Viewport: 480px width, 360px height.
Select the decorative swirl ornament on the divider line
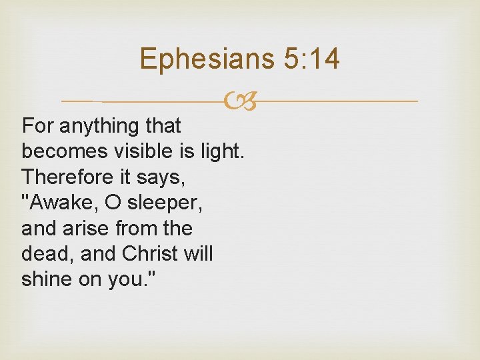pos(240,102)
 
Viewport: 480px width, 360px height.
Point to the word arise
pos(92,229)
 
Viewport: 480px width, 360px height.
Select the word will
pos(199,254)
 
